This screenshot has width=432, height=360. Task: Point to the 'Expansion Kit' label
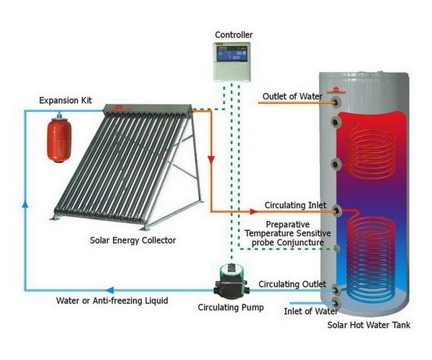66,100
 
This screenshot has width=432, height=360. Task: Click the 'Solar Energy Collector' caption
133,240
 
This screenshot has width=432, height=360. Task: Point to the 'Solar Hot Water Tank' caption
369,325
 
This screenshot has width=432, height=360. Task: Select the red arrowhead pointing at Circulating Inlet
253,212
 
